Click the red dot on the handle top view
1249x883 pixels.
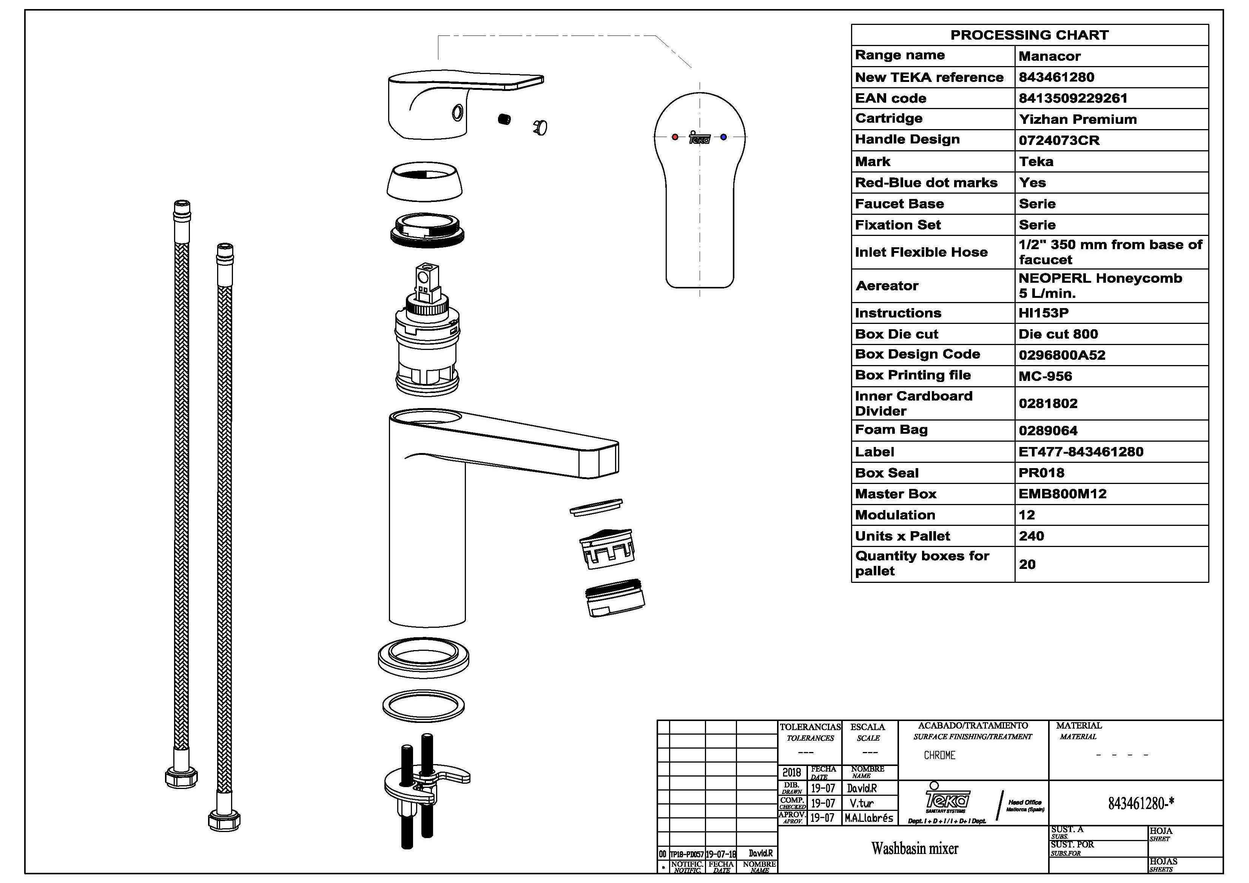coord(675,137)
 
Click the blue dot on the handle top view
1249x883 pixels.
coord(723,137)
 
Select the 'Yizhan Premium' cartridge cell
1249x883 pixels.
coord(1077,120)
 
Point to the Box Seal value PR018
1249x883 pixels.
coord(1041,473)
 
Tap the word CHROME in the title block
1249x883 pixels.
coord(939,755)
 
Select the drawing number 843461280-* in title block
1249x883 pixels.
coord(1141,803)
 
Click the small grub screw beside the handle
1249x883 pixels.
coord(504,119)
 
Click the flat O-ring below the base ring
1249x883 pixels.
coord(423,706)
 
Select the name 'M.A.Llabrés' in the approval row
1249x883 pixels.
coord(868,818)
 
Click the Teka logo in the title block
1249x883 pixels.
coord(947,799)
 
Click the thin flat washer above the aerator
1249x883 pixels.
coord(596,507)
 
